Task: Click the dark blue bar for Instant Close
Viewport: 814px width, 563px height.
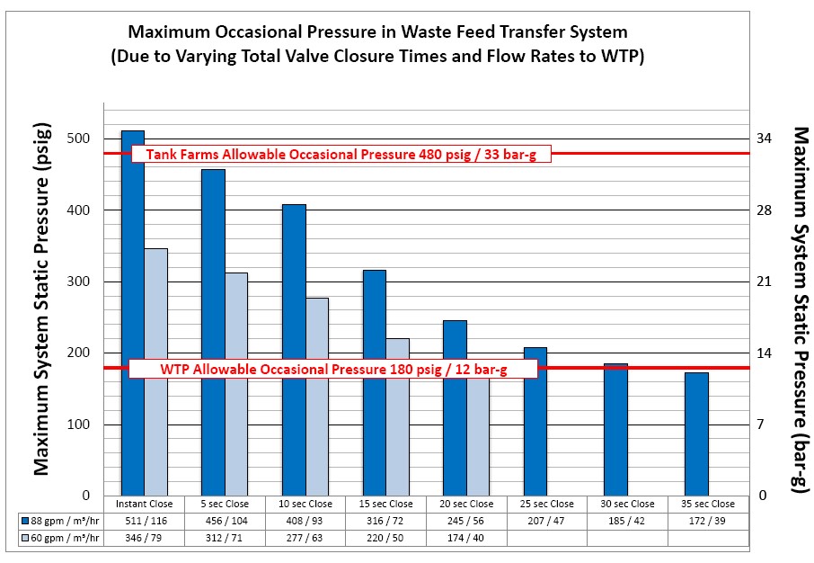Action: tap(133, 315)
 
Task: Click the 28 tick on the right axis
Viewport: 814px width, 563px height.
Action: tap(764, 210)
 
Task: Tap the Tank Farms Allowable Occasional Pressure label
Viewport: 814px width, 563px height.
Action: tap(341, 154)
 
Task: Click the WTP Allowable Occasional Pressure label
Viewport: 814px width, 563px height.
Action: tap(333, 369)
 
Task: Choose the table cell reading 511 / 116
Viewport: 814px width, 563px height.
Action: tap(145, 521)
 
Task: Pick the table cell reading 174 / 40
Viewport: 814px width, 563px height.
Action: tap(467, 537)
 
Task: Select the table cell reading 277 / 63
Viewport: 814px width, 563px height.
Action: tap(305, 537)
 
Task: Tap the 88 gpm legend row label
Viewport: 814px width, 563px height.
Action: tap(61, 521)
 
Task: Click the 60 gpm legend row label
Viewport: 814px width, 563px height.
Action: tap(61, 537)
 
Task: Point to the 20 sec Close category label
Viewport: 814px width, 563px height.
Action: tap(467, 504)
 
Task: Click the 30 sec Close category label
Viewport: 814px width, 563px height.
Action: tap(628, 504)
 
